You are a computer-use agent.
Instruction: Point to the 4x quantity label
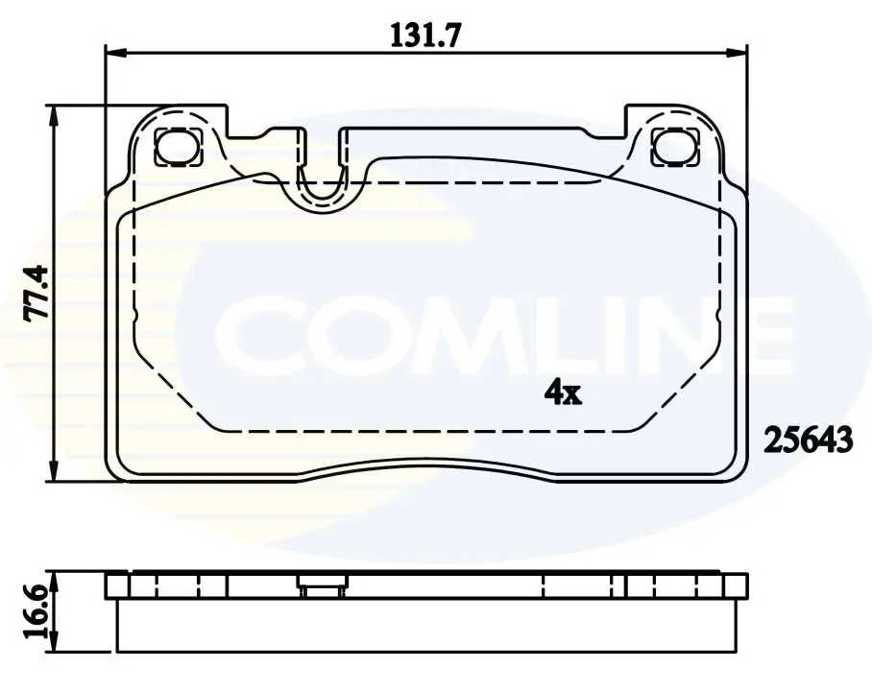tap(563, 393)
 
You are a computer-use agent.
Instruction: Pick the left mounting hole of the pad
tap(177, 146)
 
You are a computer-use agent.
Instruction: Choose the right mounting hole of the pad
tap(676, 146)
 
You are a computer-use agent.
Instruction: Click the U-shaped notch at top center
tap(323, 183)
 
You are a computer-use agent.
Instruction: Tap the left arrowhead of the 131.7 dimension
tap(117, 53)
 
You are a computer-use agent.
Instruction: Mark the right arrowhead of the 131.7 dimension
tap(736, 53)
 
